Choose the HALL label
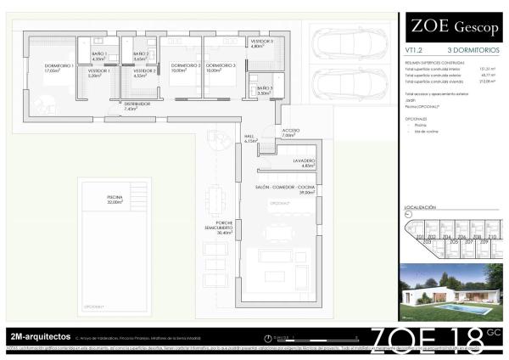250,138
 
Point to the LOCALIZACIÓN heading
421,207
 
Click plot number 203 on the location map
427,242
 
